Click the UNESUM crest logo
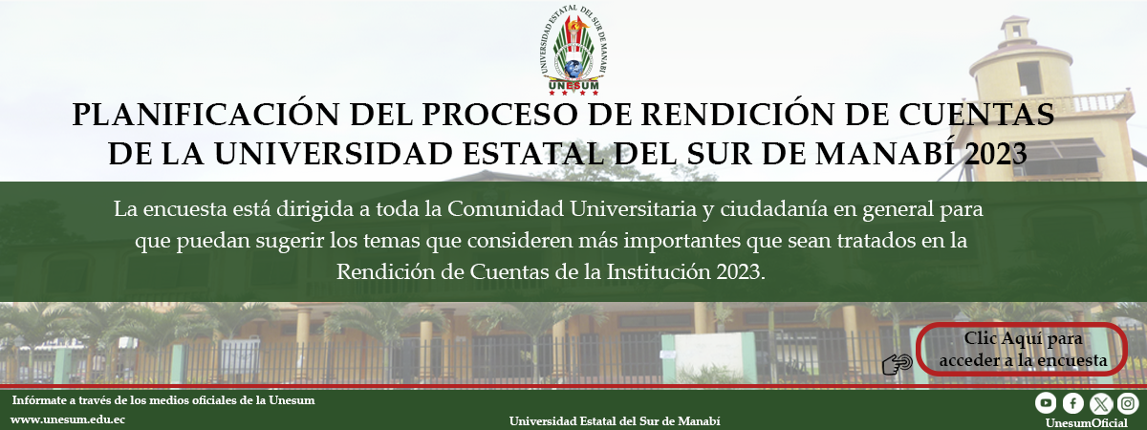point(573,50)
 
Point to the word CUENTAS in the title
point(977,114)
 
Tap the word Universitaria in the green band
point(633,209)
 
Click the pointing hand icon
point(898,364)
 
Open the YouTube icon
point(1046,403)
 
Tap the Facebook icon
point(1072,403)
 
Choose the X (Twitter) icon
point(1100,404)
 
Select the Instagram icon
point(1128,403)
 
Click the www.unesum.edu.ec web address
point(68,419)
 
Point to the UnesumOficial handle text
point(1086,422)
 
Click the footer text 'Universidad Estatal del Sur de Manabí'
point(615,421)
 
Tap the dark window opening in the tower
point(1029,77)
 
